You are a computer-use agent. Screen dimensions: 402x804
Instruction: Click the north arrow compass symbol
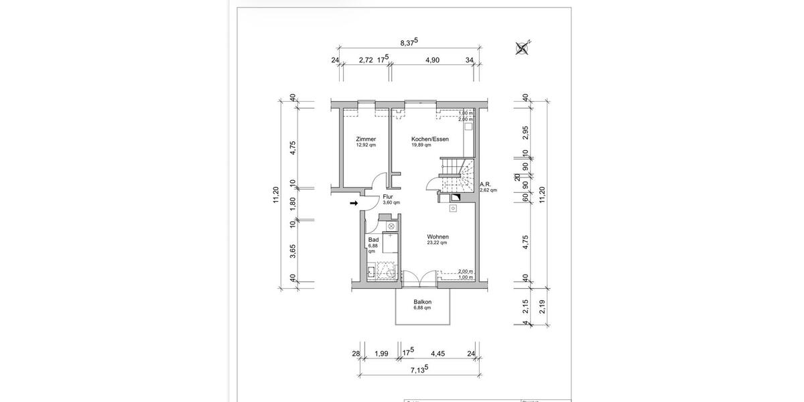point(523,47)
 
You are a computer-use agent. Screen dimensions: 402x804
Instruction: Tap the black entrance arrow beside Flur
point(354,203)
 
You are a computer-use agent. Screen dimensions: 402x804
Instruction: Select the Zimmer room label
point(366,139)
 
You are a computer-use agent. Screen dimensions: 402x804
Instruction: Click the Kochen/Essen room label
point(429,139)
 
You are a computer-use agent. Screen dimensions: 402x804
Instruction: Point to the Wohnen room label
point(438,237)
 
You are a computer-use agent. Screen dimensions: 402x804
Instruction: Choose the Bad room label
point(372,239)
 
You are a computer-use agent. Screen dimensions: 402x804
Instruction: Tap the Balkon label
point(421,302)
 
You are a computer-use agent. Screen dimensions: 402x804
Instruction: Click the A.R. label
point(486,184)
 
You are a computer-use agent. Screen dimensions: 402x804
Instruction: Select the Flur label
point(388,197)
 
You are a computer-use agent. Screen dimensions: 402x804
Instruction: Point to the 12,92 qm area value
point(366,145)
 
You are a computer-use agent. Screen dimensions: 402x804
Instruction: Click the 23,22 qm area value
point(438,243)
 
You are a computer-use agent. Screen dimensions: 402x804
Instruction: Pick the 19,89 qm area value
point(421,145)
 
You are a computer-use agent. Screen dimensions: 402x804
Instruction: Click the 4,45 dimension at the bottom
point(438,353)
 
